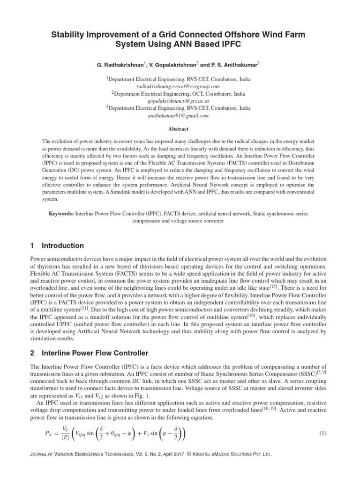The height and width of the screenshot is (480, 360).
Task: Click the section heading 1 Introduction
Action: [x=57, y=246]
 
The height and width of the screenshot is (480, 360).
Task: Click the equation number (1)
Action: [x=322, y=433]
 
